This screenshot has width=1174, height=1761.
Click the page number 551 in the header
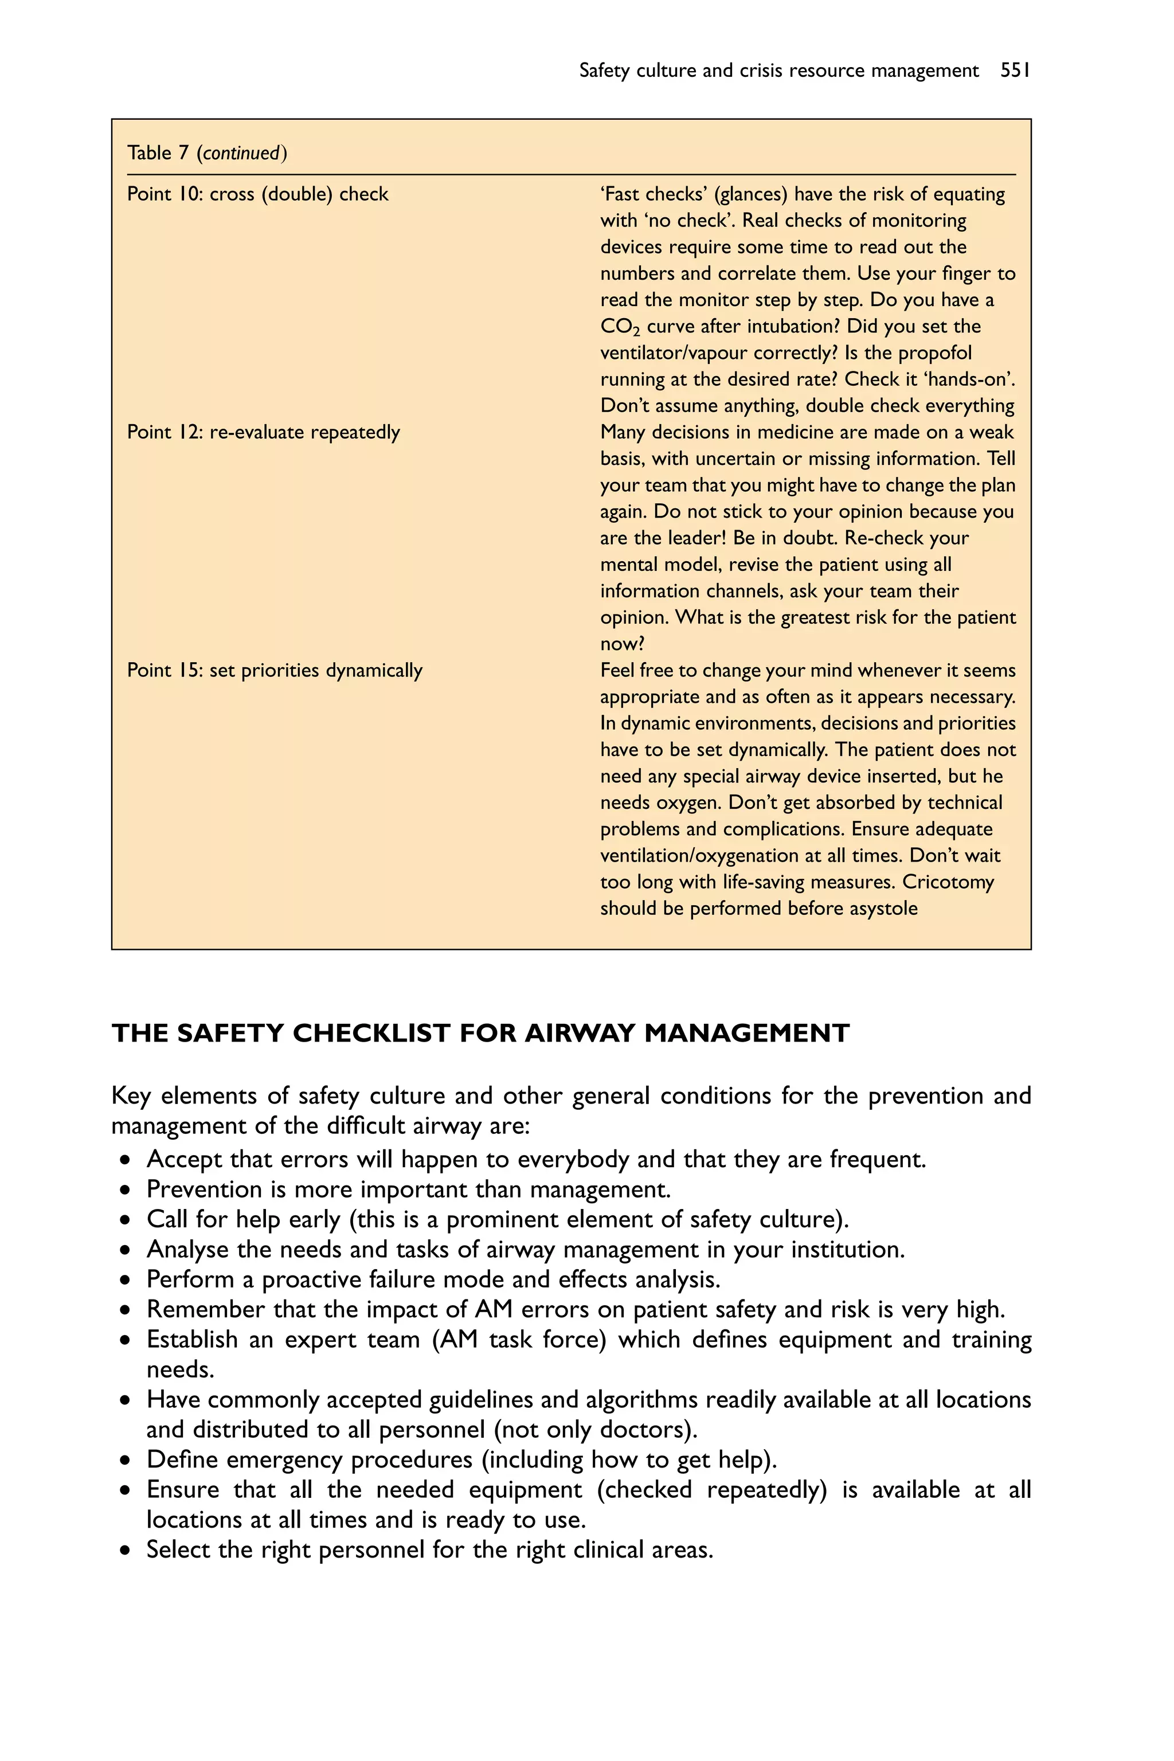pos(1015,71)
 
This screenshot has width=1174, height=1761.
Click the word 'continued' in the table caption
pos(241,154)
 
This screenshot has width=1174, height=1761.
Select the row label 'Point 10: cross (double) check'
pos(257,194)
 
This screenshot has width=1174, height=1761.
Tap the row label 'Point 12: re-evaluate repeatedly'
pos(264,432)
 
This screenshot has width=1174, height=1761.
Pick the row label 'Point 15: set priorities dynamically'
pos(275,670)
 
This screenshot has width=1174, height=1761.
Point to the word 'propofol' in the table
pos(934,353)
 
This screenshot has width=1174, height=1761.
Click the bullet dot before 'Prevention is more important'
pos(125,1191)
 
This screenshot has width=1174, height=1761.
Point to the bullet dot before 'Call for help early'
pos(125,1220)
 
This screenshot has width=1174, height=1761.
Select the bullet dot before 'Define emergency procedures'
pos(125,1460)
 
